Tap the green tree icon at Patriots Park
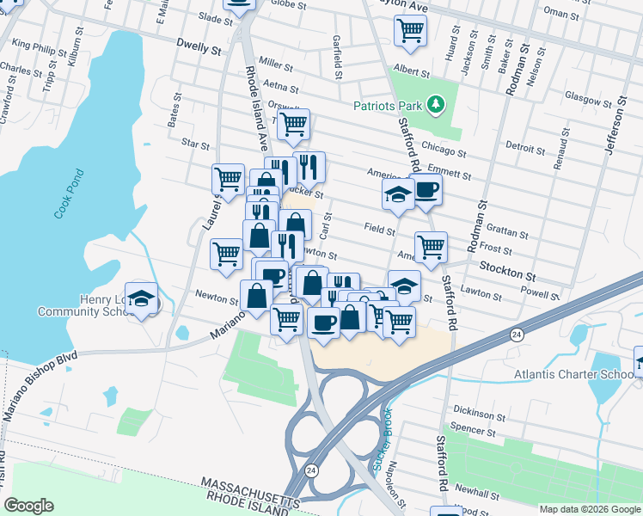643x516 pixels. click(438, 105)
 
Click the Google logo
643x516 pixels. click(28, 506)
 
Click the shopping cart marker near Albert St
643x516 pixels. click(410, 31)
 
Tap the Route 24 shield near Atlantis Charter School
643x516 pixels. click(516, 335)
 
